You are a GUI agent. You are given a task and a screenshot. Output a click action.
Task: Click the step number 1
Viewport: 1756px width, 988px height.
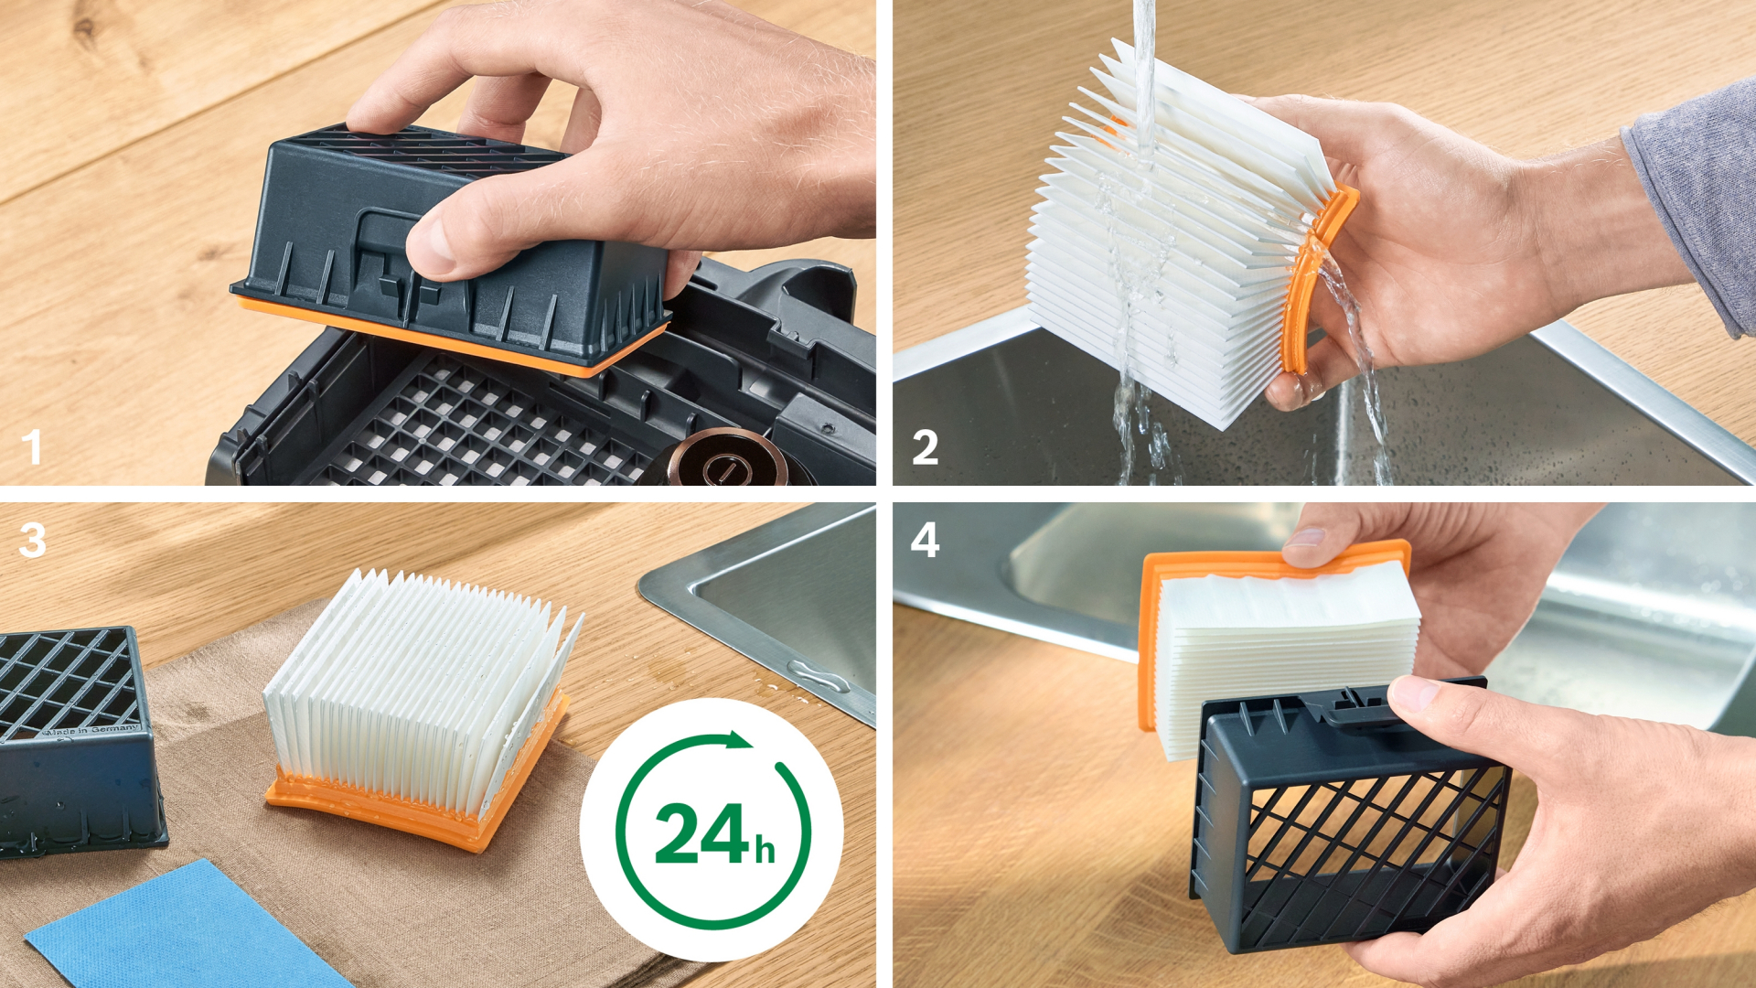[x=32, y=447]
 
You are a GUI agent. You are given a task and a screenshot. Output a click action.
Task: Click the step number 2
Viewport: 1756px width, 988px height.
[x=925, y=447]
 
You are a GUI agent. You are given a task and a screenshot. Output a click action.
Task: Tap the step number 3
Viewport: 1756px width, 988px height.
[x=32, y=540]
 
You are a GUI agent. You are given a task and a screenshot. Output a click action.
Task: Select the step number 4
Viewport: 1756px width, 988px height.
[x=925, y=540]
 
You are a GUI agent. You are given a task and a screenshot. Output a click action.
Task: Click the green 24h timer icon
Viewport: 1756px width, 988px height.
[x=712, y=830]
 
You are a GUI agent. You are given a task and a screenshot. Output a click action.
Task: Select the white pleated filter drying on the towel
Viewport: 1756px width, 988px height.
[x=421, y=695]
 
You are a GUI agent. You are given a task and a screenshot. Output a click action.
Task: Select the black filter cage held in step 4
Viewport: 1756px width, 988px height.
[x=1349, y=814]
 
